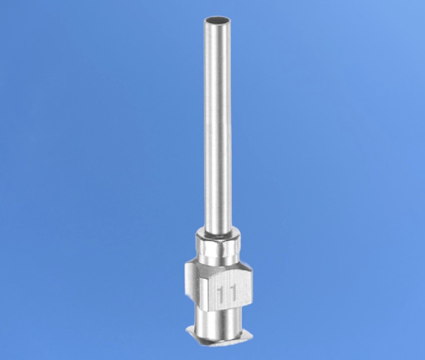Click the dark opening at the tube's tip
point(218,20)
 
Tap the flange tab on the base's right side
point(245,336)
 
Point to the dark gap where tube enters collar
point(218,235)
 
